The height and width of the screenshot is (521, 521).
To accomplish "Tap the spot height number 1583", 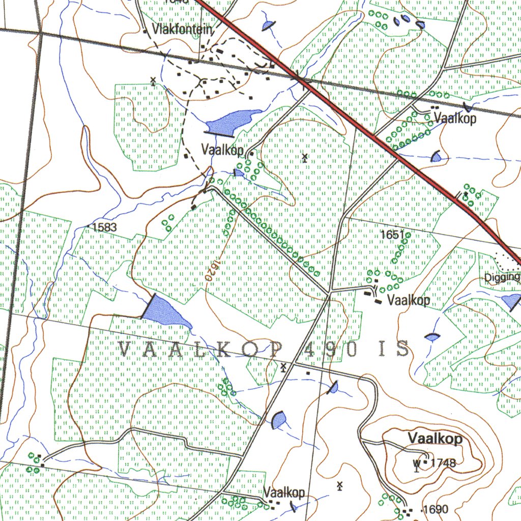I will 105,227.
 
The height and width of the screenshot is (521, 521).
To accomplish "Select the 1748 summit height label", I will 443,463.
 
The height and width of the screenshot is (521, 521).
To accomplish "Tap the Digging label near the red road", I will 502,277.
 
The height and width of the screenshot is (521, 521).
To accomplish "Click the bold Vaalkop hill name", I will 435,439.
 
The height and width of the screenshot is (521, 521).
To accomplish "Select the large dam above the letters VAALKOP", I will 166,311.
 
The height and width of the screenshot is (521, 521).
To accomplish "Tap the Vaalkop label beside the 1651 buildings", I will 409,300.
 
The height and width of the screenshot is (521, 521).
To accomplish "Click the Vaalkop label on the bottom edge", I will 284,493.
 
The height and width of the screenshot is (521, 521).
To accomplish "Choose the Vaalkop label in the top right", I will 455,119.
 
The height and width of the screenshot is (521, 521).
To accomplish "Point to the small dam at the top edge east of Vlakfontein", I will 268,25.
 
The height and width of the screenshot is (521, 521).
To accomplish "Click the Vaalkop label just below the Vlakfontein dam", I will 222,150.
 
